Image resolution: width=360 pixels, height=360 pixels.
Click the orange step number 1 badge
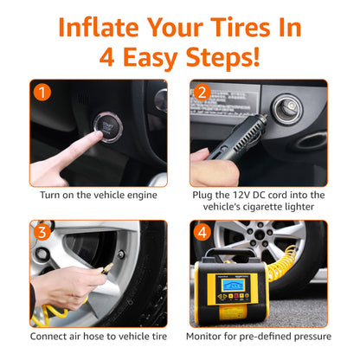click(42, 91)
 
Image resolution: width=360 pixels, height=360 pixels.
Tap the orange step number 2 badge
click(201, 91)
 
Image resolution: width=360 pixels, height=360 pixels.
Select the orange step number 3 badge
click(42, 232)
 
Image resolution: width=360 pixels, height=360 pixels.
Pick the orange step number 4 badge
click(201, 232)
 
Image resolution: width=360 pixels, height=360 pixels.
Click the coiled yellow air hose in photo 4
click(303, 286)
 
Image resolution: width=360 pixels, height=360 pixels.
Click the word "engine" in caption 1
click(139, 195)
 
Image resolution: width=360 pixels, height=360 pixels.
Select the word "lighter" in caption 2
click(305, 209)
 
